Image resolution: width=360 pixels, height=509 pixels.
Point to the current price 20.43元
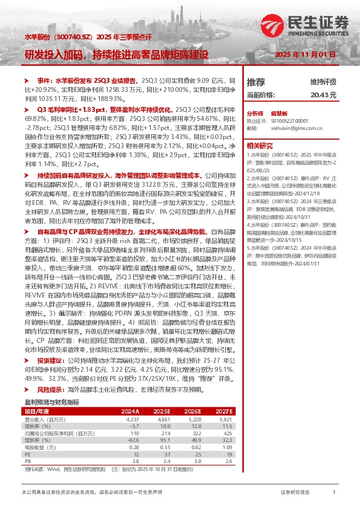[x=322, y=96]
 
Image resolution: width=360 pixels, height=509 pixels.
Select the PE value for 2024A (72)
[x=136, y=436]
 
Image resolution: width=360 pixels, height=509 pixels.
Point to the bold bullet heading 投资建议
[x=51, y=342]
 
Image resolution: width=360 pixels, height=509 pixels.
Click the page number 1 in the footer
[x=334, y=493]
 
